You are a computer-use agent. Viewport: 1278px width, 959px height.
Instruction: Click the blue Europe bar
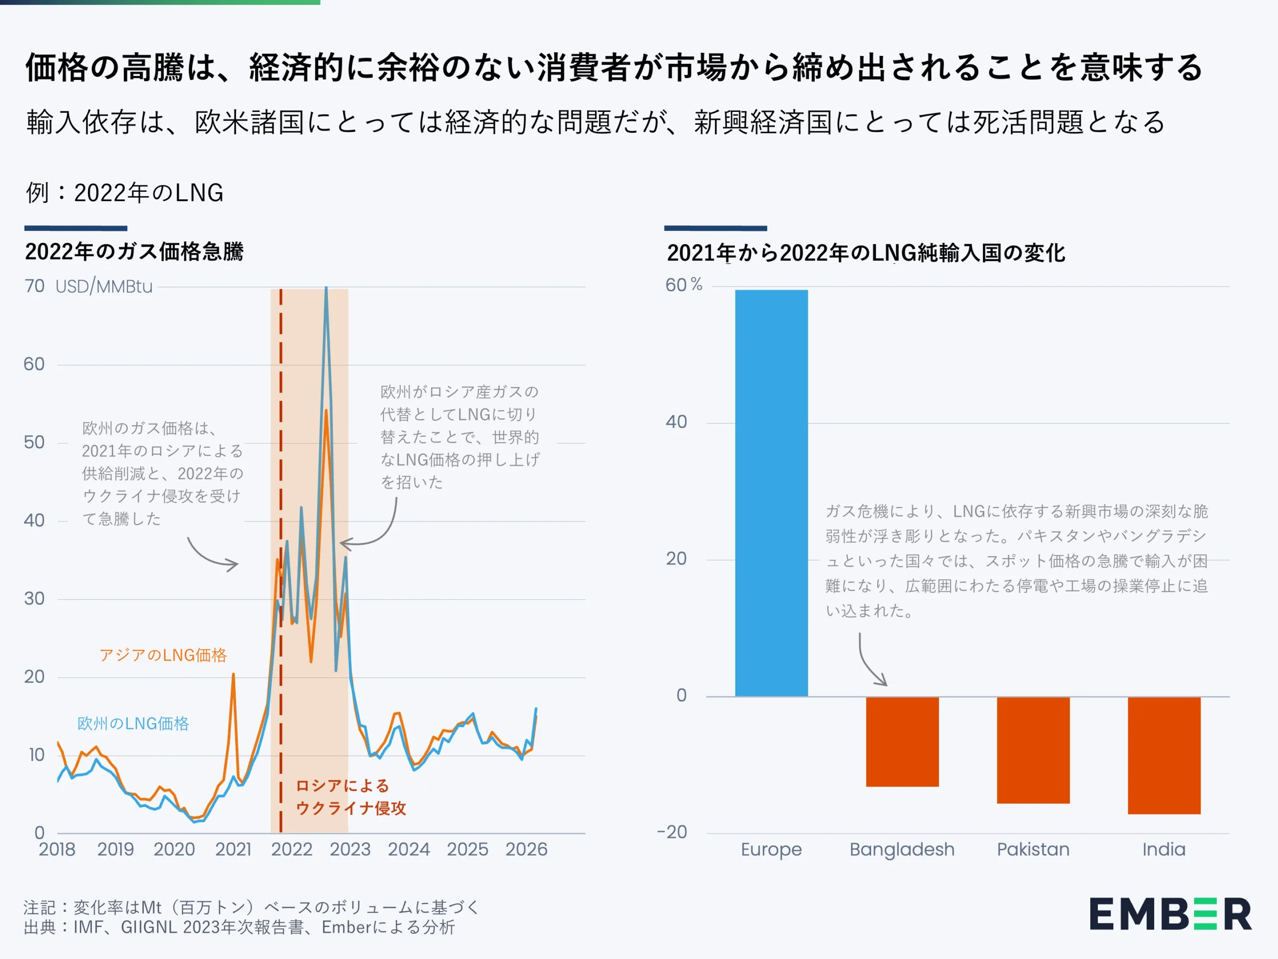pyautogui.click(x=771, y=492)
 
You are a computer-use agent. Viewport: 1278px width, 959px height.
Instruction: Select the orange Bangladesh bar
pyautogui.click(x=902, y=742)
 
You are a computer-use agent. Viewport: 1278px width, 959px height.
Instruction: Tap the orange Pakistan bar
pyautogui.click(x=1033, y=750)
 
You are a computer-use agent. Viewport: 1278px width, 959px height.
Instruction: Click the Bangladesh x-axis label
pyautogui.click(x=902, y=849)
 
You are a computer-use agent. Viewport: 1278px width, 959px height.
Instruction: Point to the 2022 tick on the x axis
pyautogui.click(x=292, y=849)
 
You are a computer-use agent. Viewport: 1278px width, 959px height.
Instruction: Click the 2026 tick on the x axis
pyautogui.click(x=526, y=849)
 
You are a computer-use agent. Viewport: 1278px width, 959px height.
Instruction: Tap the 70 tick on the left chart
pyautogui.click(x=34, y=286)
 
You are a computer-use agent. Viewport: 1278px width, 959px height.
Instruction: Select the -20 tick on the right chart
pyautogui.click(x=672, y=833)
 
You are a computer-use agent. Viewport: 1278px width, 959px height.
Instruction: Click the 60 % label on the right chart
pyautogui.click(x=683, y=285)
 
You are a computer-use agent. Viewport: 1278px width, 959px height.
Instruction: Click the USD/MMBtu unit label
pyautogui.click(x=104, y=287)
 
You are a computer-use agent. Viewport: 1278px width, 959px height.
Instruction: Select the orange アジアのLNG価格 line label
pyautogui.click(x=163, y=655)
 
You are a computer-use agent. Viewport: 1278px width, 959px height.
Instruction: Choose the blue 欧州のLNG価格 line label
pyautogui.click(x=133, y=723)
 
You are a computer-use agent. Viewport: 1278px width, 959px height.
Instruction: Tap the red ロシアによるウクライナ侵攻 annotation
pyautogui.click(x=350, y=797)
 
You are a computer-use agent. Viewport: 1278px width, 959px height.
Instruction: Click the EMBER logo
pyautogui.click(x=1171, y=915)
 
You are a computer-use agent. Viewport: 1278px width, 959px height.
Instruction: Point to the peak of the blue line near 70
pyautogui.click(x=326, y=289)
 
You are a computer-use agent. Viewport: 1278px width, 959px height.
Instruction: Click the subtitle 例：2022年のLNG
pyautogui.click(x=125, y=192)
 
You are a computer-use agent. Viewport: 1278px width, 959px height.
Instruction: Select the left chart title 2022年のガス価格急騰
pyautogui.click(x=134, y=251)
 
